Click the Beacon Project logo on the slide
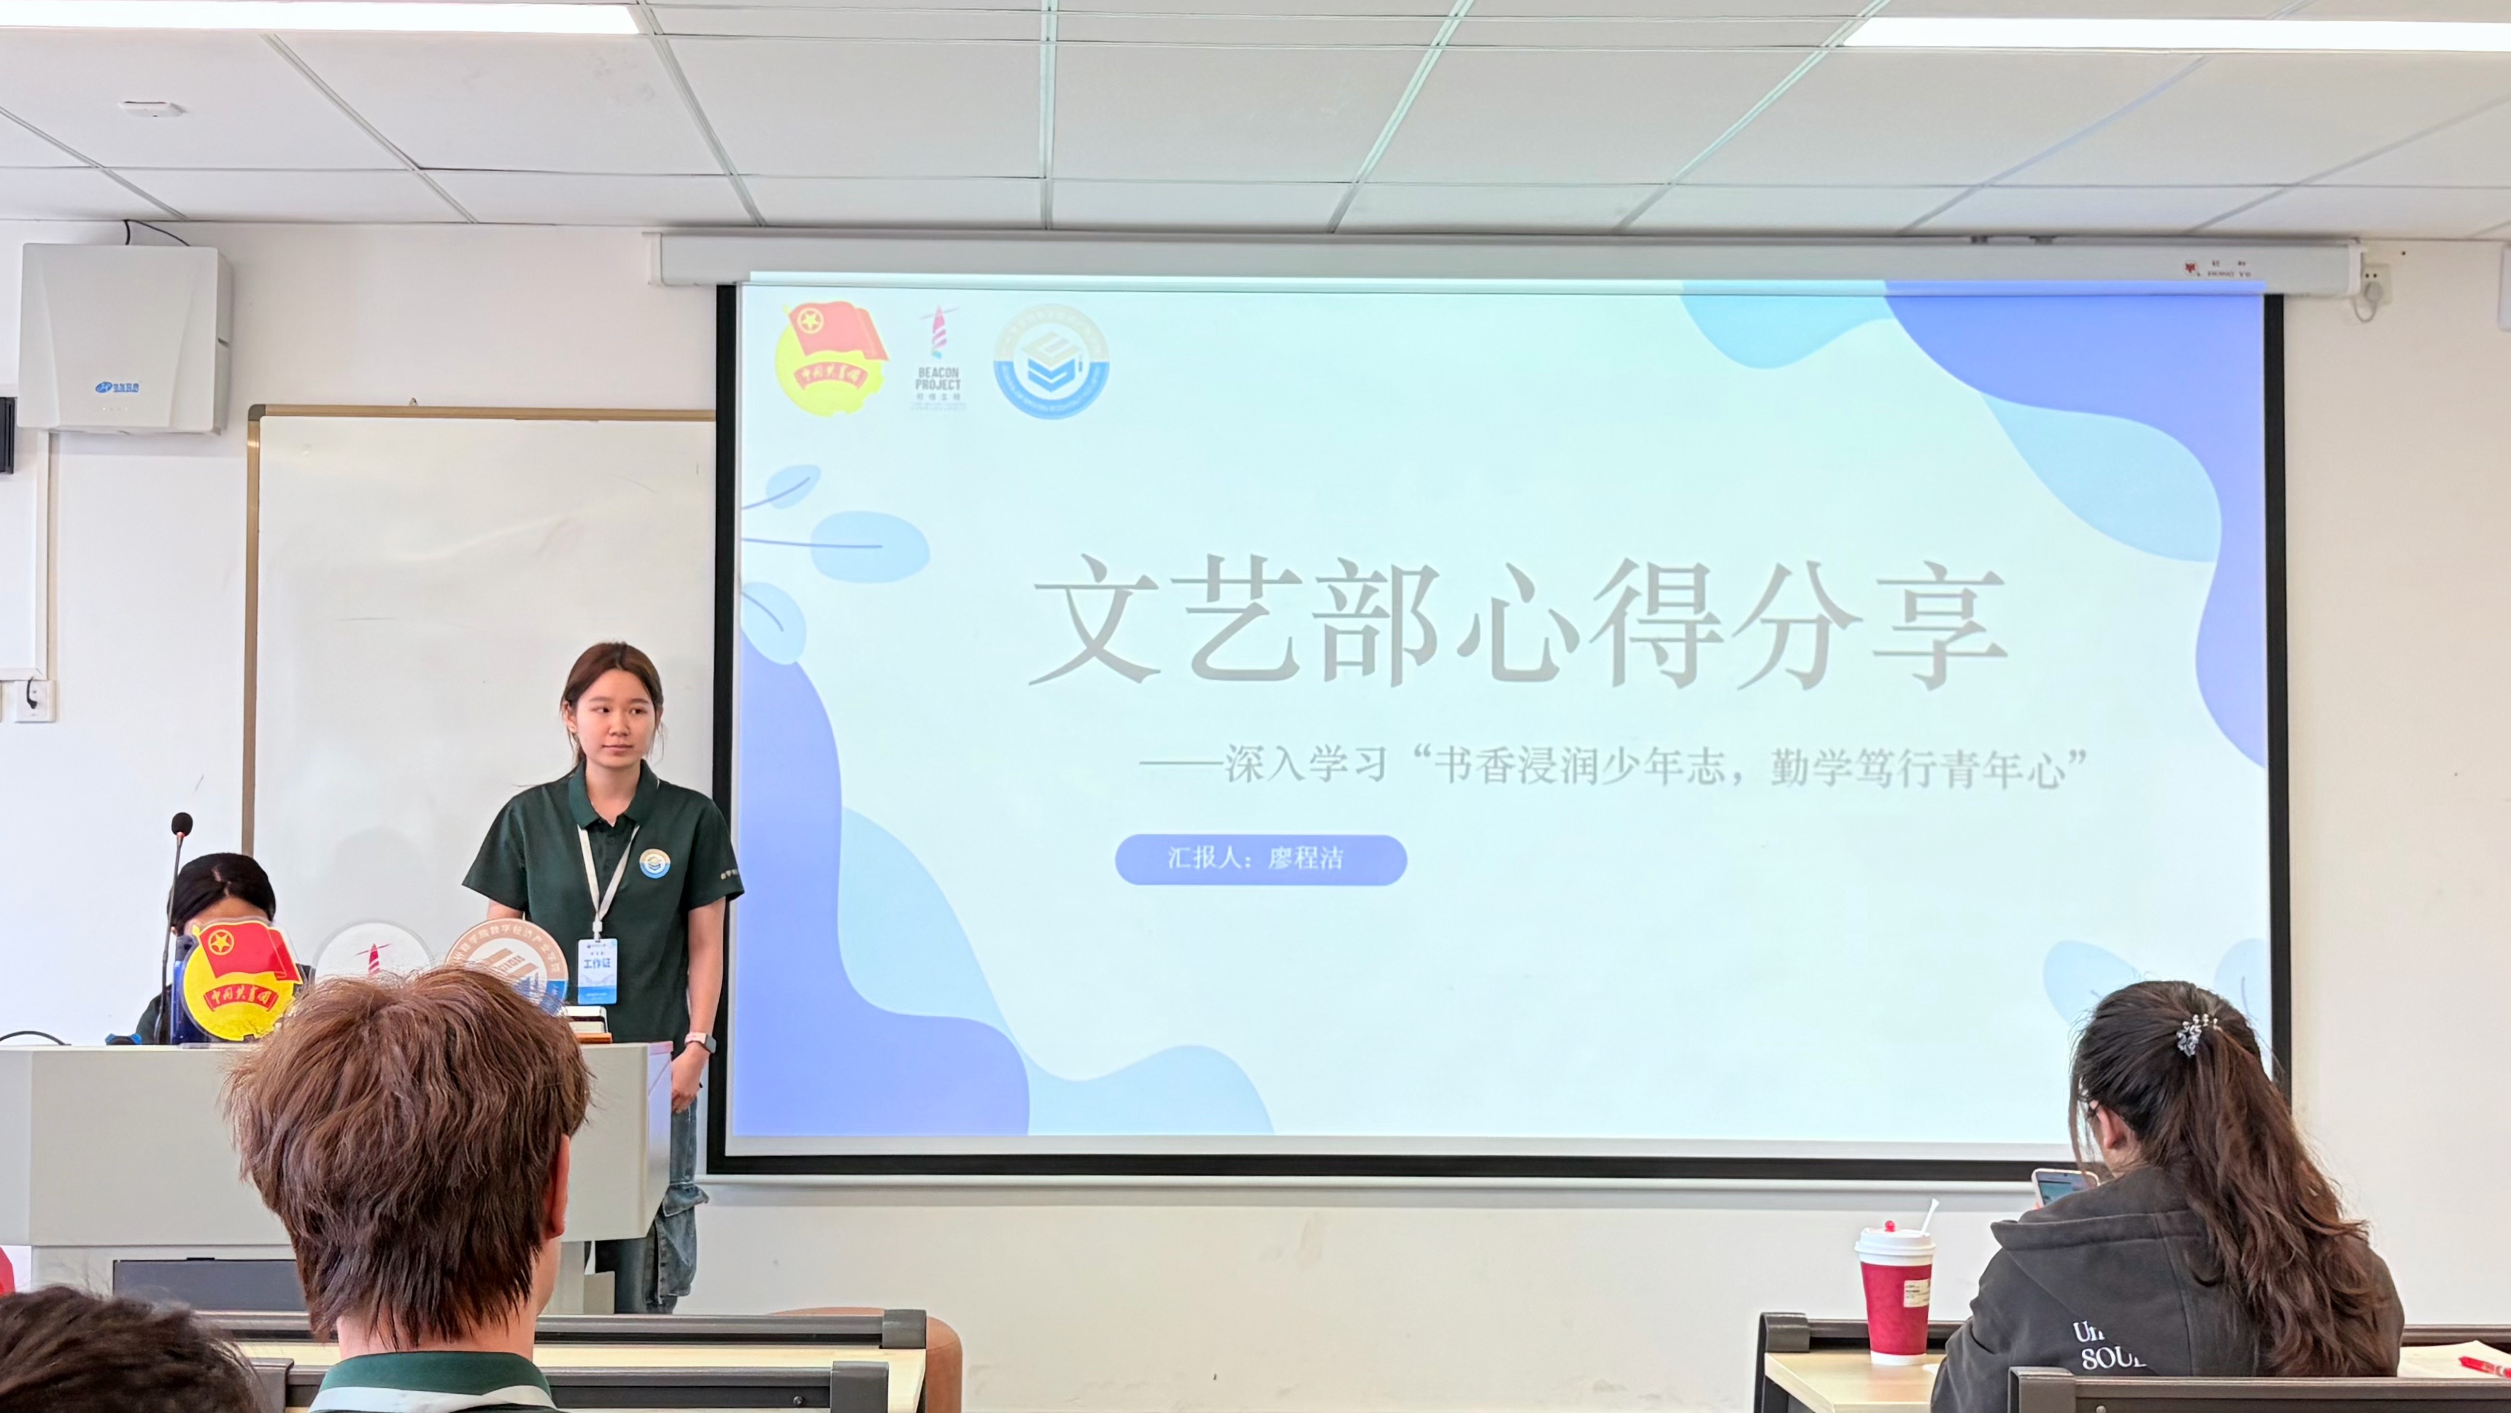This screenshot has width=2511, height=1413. [938, 360]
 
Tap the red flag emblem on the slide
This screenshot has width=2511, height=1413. [830, 358]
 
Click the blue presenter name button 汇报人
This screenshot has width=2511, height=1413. [1260, 859]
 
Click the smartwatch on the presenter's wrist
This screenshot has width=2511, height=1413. [700, 1042]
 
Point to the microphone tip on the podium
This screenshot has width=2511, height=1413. [181, 825]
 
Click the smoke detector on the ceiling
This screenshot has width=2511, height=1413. [151, 108]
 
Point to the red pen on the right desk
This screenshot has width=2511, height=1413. [2481, 1366]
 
